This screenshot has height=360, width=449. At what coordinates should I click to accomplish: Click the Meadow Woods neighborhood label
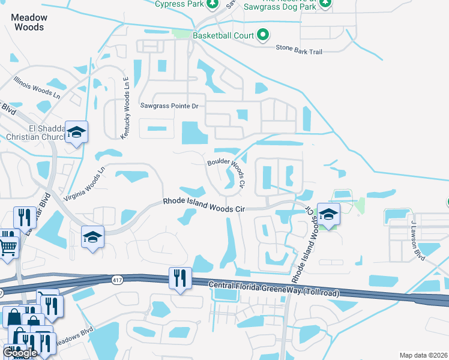[x=28, y=22]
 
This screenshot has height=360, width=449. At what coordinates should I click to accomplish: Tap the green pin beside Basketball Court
[x=262, y=35]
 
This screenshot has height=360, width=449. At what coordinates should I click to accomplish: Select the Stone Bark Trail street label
[x=299, y=50]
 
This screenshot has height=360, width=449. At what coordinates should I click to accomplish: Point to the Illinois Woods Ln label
[x=37, y=87]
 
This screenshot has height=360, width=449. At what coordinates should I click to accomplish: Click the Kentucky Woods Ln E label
[x=125, y=109]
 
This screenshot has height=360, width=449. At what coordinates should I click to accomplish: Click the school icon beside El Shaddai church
[x=76, y=131]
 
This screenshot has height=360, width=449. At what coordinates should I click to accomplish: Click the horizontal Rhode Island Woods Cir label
[x=205, y=205]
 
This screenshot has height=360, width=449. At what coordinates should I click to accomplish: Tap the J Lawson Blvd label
[x=418, y=240]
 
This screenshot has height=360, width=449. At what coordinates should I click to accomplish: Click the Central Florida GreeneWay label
[x=273, y=289]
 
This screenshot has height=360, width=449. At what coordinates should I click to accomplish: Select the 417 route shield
[x=117, y=280]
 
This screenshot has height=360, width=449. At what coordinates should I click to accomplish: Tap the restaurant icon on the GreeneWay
[x=180, y=278]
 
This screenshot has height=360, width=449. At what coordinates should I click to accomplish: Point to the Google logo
[x=20, y=353]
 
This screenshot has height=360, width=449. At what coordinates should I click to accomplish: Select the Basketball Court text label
[x=223, y=36]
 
